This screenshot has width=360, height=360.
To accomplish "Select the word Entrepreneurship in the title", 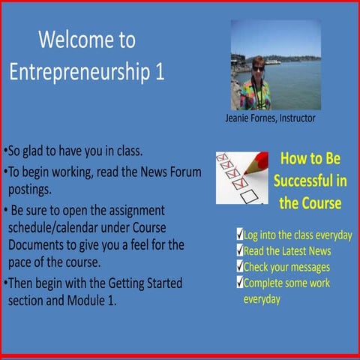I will [x=79, y=73].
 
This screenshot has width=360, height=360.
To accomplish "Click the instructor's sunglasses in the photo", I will [x=259, y=68].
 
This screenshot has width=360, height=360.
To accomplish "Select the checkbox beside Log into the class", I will [x=239, y=235].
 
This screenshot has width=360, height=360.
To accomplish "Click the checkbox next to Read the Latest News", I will [x=239, y=250].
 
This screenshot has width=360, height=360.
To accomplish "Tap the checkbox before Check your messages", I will [x=239, y=267].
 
